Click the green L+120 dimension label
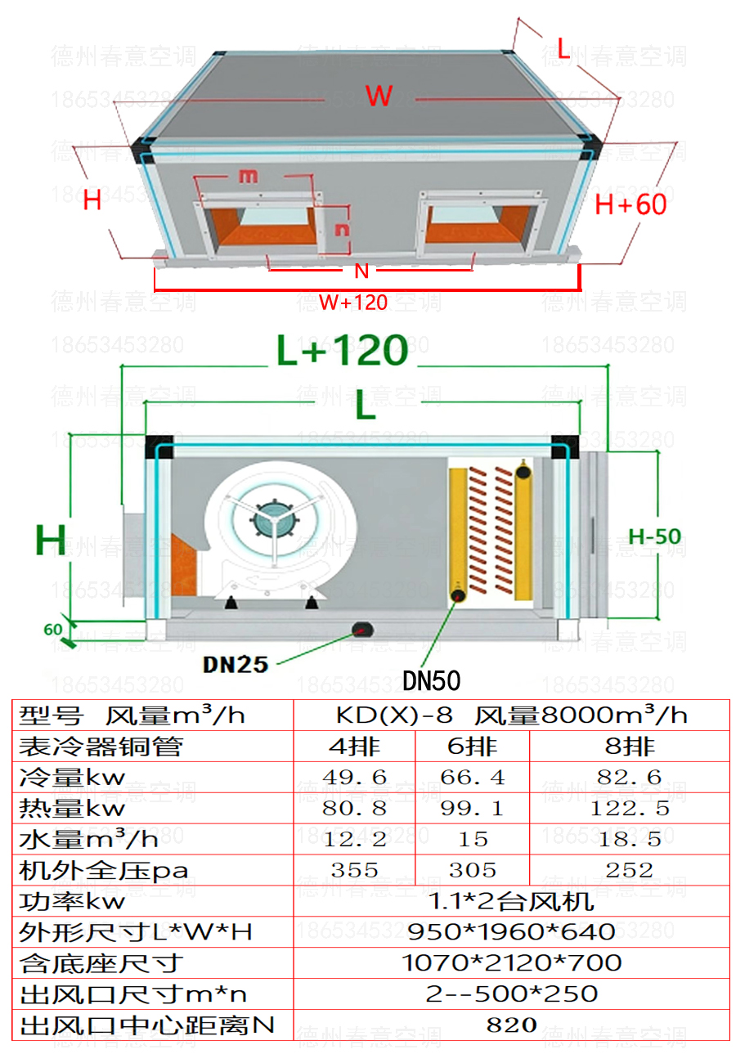coord(342,350)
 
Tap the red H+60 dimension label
coord(631,204)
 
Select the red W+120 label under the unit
coord(352,303)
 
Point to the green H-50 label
coord(654,536)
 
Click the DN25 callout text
coord(236,664)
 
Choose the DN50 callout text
coord(432,680)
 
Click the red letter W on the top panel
coord(379,96)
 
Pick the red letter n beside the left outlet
coord(342,229)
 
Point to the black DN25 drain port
coord(361,628)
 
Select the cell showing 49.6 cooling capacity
coord(354,777)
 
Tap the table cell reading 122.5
coord(629,809)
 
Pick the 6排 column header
coord(472,746)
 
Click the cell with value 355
coord(354,870)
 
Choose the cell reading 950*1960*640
coord(511,931)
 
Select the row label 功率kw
coord(74,901)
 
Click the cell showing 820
coord(511,1025)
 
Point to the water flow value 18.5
coord(629,839)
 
